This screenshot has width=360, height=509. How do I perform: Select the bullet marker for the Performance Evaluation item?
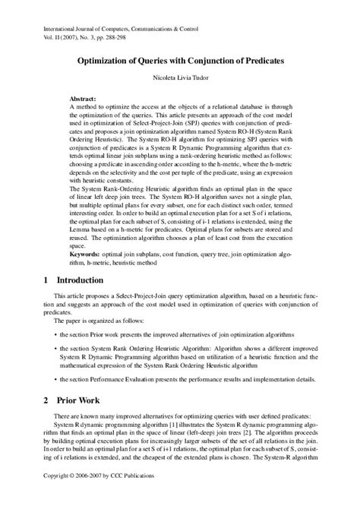(56, 378)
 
